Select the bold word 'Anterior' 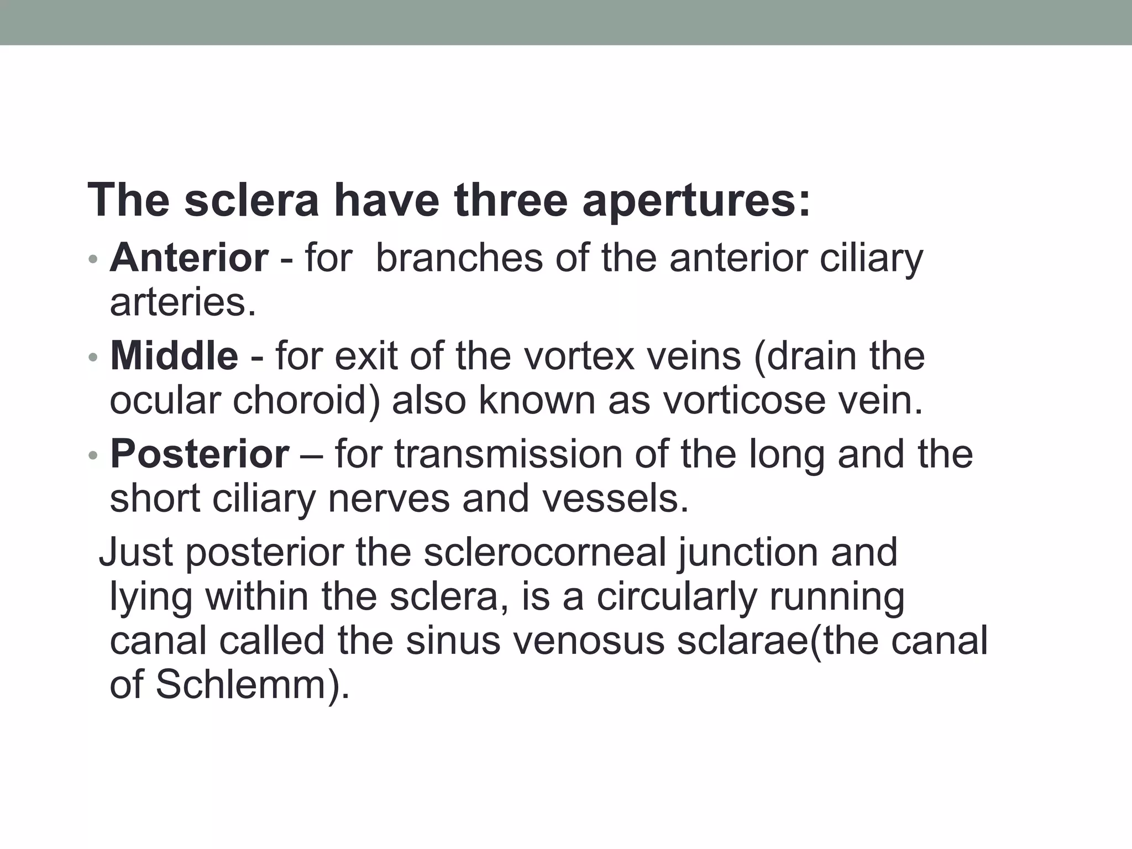[x=189, y=258]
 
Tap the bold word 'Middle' [x=174, y=356]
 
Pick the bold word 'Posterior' [x=199, y=454]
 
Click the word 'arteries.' [x=183, y=302]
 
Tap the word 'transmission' [x=508, y=454]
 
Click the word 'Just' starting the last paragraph [x=136, y=552]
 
